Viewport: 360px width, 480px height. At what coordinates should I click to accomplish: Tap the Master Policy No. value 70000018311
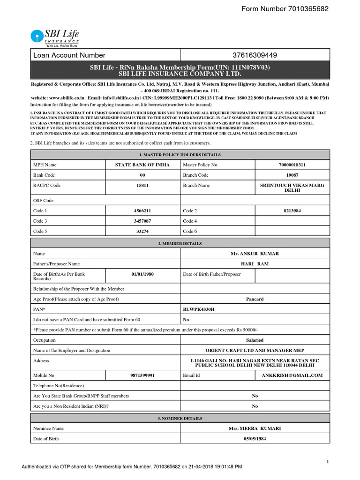(x=292, y=165)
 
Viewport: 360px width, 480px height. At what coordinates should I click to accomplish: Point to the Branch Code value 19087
(x=292, y=175)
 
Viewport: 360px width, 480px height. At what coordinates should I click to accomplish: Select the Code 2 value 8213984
(x=292, y=211)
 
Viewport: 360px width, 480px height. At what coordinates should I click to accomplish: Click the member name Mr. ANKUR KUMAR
(x=255, y=254)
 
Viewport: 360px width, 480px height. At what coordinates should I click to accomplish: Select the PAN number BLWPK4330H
(x=202, y=309)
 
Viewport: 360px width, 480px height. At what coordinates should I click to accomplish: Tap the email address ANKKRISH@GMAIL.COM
(x=292, y=375)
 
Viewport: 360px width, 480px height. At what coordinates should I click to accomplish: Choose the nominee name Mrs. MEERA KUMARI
(x=255, y=428)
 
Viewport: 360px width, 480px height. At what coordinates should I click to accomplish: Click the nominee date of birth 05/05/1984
(x=255, y=439)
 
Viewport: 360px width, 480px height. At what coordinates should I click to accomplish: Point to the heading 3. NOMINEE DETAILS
(x=180, y=418)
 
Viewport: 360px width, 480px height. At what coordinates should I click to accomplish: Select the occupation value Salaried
(x=255, y=340)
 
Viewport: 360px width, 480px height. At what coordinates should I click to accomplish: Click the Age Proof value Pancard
(x=255, y=299)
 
